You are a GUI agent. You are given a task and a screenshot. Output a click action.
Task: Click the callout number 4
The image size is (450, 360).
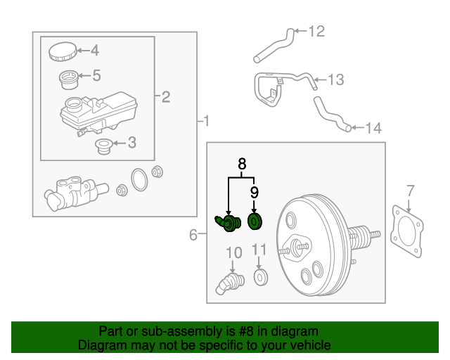[94, 50]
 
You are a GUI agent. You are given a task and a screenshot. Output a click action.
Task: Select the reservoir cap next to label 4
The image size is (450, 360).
[62, 51]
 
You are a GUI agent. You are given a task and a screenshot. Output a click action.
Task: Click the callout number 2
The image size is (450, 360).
[166, 96]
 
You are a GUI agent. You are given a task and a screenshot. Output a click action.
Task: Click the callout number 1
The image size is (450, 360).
[205, 122]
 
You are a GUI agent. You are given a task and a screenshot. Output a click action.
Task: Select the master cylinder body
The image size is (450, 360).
[70, 194]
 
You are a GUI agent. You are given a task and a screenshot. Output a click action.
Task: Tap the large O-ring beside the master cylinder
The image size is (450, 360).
[139, 180]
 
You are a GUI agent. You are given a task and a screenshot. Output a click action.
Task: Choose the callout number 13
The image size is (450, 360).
[335, 79]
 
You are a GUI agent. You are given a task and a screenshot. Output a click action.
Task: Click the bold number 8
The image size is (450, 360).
[242, 164]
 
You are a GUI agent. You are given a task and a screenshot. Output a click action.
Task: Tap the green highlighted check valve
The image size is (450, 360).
[228, 223]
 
